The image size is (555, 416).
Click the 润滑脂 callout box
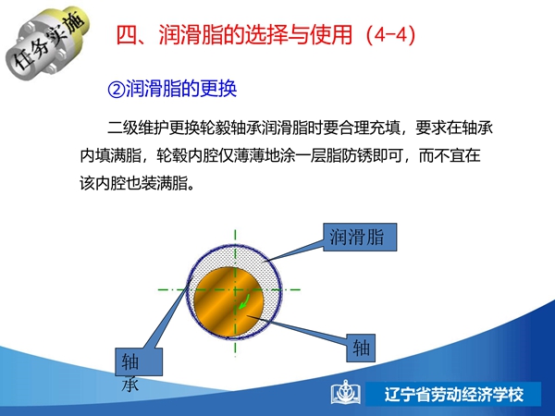(360, 237)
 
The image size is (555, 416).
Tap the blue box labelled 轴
(361, 348)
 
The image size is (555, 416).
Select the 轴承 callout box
(139, 361)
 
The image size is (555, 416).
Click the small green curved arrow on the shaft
(244, 301)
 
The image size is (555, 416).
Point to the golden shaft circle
(228, 301)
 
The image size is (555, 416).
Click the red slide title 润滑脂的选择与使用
(255, 35)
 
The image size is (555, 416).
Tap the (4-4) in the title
(390, 35)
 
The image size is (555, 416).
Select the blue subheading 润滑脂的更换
(181, 89)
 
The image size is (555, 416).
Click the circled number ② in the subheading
(117, 89)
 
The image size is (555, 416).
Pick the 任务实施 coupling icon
(48, 43)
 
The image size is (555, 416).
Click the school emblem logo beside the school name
(346, 393)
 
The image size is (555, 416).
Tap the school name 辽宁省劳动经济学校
(453, 395)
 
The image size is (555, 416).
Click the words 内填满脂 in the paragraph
(110, 155)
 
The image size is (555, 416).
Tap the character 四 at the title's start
(127, 35)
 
